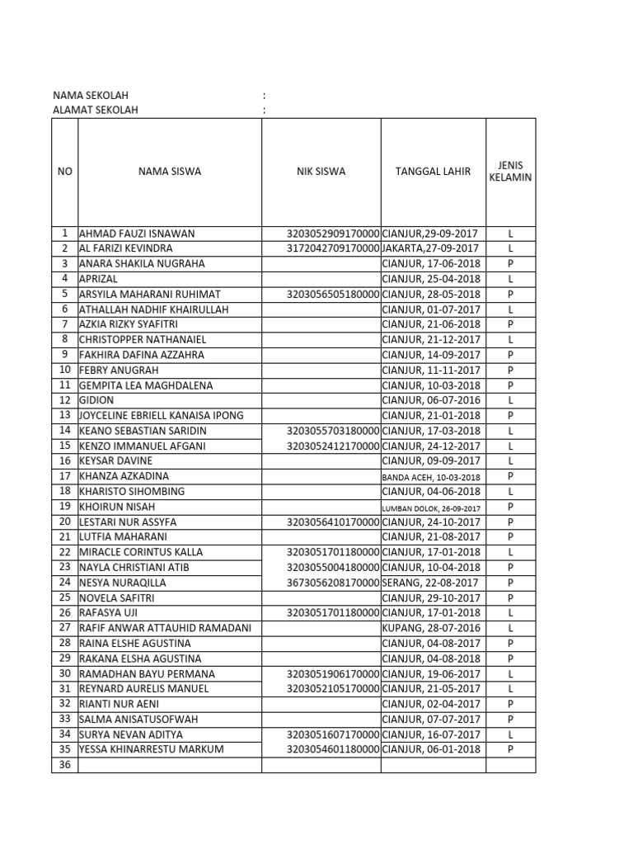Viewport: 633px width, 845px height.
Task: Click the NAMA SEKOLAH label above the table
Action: point(91,96)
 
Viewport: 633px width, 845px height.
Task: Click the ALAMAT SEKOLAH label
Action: point(96,110)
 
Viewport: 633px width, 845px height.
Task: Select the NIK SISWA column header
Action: point(321,172)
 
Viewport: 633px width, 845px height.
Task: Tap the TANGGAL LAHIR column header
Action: point(433,172)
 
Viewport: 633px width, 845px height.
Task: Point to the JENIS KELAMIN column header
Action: point(510,172)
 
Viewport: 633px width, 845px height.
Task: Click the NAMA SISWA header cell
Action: point(170,172)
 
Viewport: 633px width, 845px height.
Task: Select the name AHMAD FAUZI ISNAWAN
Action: point(137,234)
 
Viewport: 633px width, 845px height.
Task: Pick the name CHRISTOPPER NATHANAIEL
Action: point(143,339)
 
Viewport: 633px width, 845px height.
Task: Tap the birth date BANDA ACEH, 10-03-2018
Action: point(431,477)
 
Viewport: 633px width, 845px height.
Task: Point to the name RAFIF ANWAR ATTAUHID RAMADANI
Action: point(165,628)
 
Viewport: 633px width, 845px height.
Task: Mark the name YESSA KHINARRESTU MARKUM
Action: point(151,749)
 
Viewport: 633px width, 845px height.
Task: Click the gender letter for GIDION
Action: point(511,400)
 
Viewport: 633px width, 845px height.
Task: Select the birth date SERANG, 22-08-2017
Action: point(429,583)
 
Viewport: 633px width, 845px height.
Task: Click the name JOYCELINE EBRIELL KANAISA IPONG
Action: point(162,415)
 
